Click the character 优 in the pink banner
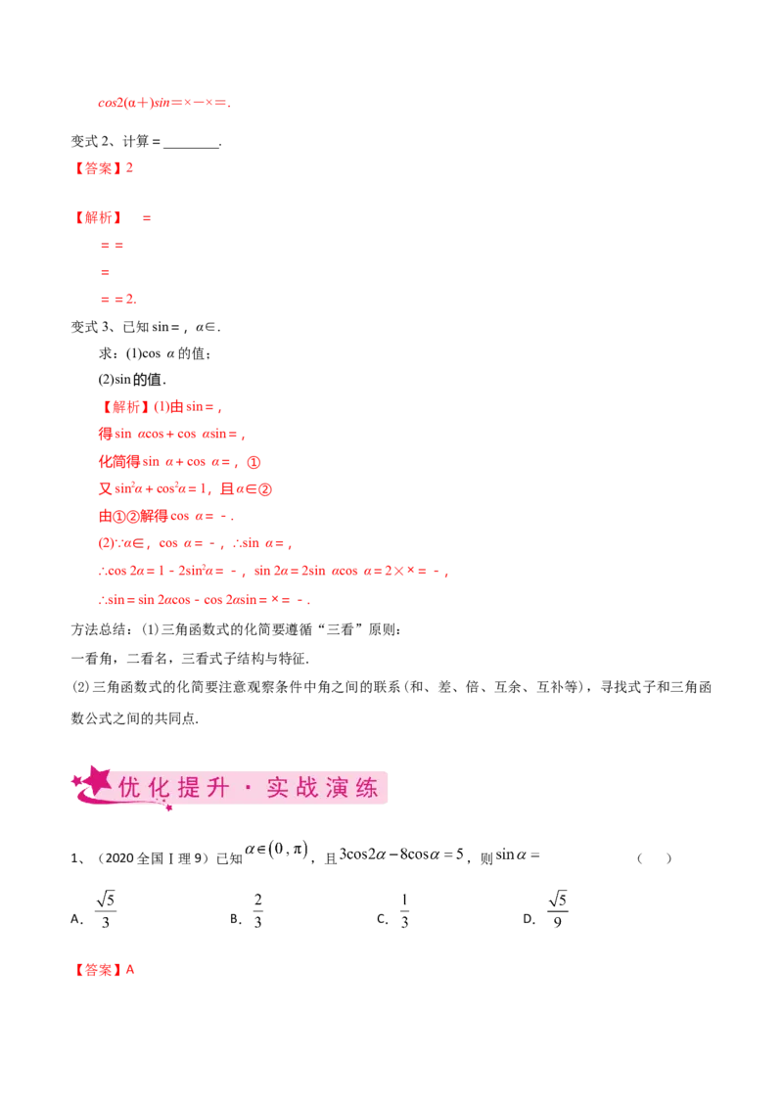coord(128,788)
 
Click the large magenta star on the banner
coord(96,780)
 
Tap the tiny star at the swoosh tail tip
coord(168,808)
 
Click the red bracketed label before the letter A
coord(99,971)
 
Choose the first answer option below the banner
coord(105,908)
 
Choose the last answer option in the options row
coord(557,908)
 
